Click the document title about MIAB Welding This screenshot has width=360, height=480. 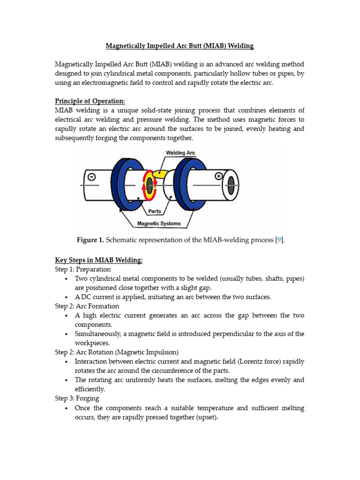click(180, 46)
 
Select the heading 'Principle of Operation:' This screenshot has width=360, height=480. click(90, 101)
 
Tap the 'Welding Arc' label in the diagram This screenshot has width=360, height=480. click(180, 153)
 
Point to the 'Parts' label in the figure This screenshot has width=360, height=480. click(155, 211)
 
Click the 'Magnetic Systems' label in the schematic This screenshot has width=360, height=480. click(158, 224)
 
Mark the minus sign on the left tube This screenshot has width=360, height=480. click(92, 177)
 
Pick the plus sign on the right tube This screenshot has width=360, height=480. click(218, 177)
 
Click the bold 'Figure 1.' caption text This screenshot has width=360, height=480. click(90, 240)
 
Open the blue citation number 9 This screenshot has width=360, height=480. click(279, 240)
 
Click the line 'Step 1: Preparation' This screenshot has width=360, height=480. click(83, 270)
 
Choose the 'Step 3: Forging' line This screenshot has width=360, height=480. click(77, 398)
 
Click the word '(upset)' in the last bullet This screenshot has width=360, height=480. click(205, 417)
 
